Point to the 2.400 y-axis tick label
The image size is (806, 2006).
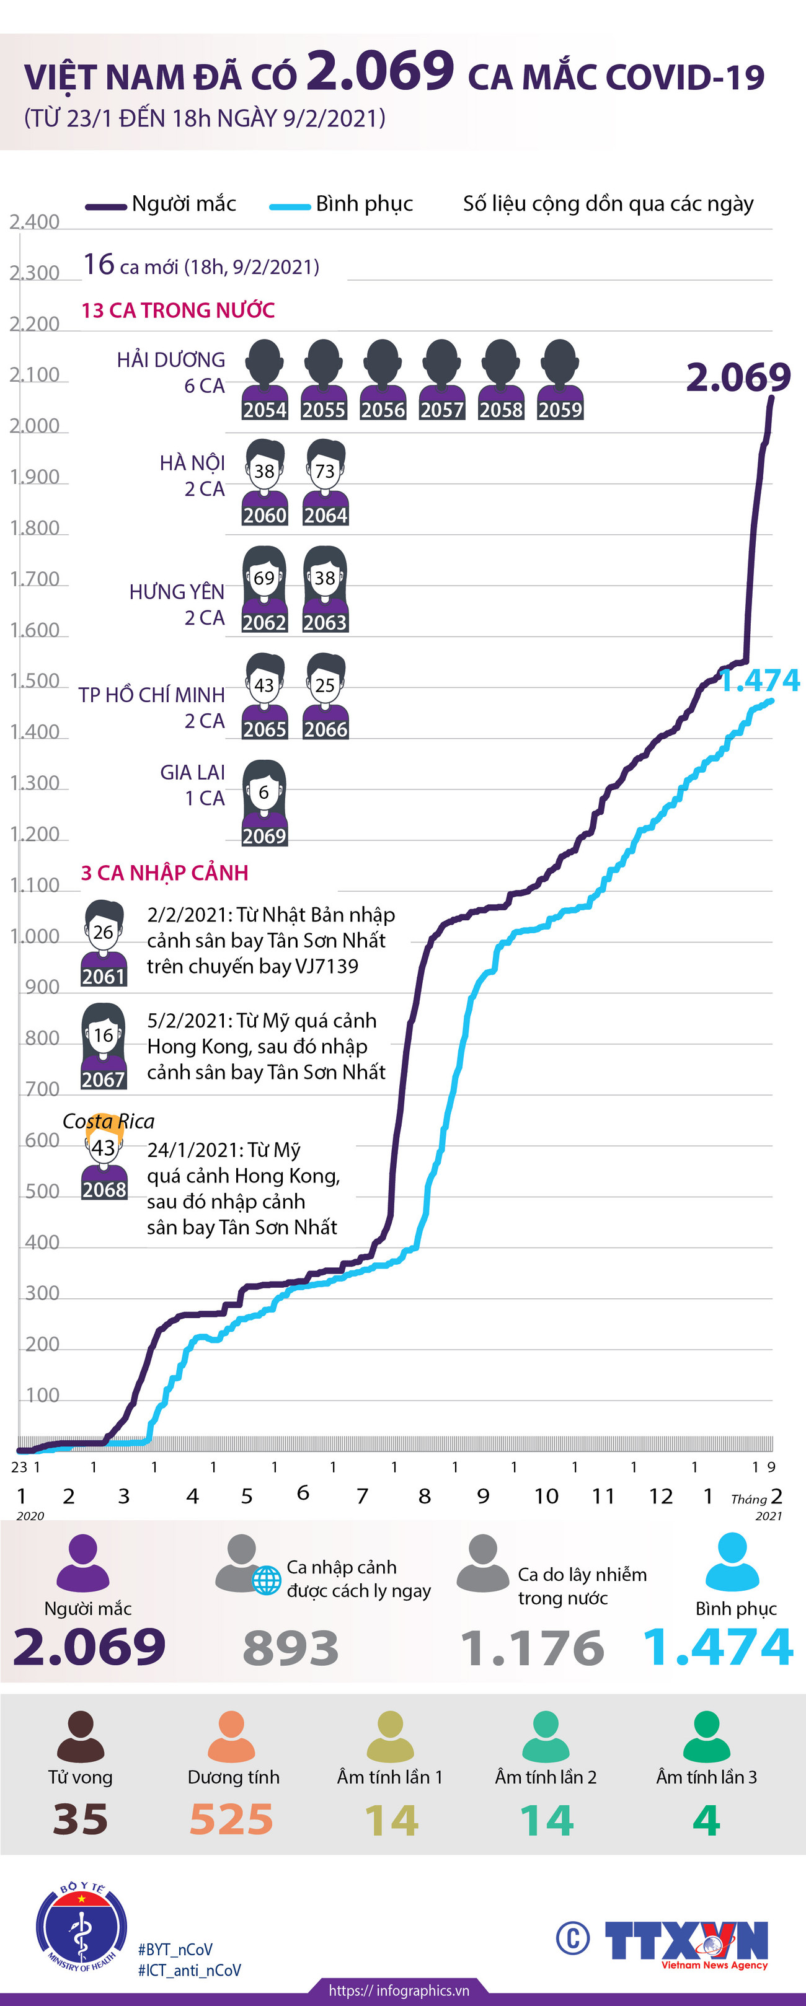coord(34,222)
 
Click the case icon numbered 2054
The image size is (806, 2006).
coord(265,380)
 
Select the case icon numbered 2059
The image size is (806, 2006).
coord(560,380)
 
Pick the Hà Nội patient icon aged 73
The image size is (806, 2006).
coord(325,483)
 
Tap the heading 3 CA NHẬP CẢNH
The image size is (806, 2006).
coord(164,873)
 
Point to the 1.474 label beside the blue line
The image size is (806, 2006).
coord(759,680)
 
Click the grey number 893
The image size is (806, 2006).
coord(291,1648)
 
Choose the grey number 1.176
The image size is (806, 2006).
coord(532,1648)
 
